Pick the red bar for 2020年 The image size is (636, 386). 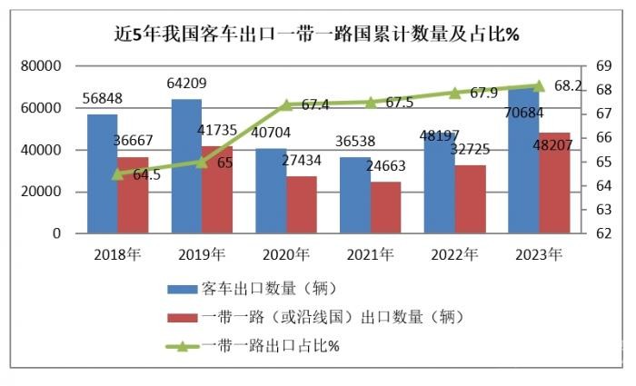click(x=301, y=204)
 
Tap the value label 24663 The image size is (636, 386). click(x=386, y=166)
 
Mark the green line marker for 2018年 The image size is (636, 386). click(x=117, y=173)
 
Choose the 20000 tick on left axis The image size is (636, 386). click(x=41, y=192)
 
